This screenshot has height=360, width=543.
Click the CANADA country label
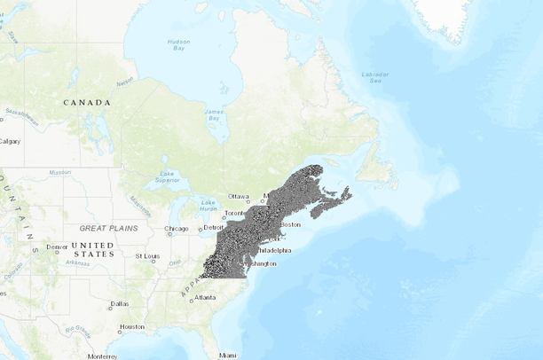(x=87, y=103)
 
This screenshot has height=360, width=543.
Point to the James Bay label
(x=214, y=113)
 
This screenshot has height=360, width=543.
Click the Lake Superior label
(x=167, y=176)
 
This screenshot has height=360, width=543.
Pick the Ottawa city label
(x=239, y=196)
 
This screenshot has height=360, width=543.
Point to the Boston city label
(x=290, y=224)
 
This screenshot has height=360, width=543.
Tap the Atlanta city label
(x=206, y=297)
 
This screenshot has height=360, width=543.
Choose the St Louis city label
(x=146, y=256)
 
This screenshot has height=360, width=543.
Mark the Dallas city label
(x=120, y=303)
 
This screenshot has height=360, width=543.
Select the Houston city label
(x=132, y=326)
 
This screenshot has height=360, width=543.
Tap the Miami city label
(x=229, y=355)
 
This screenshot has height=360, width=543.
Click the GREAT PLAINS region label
(x=109, y=228)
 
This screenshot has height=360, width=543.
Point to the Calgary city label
(x=11, y=141)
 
